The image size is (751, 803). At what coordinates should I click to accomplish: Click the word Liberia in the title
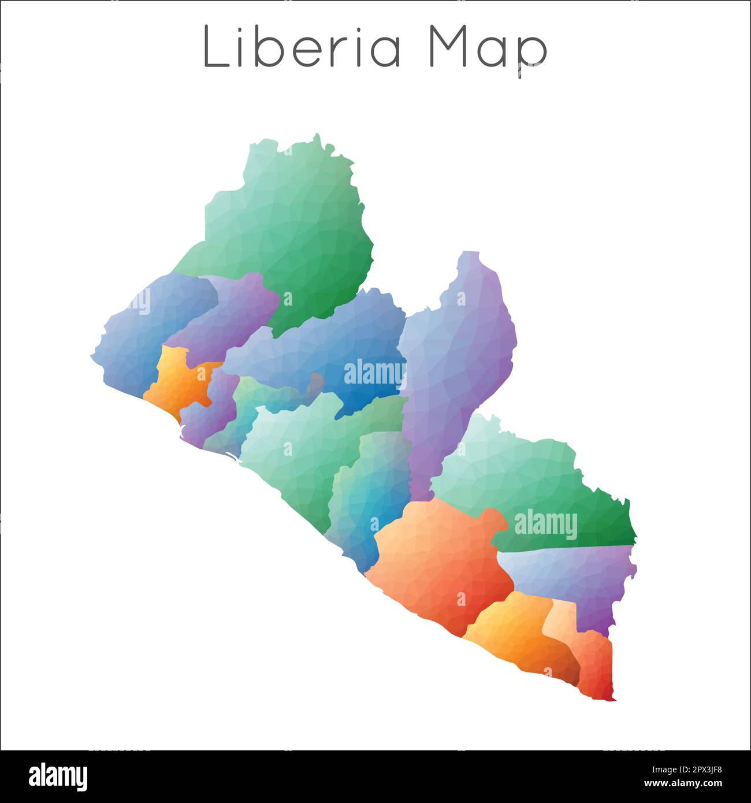tap(302, 47)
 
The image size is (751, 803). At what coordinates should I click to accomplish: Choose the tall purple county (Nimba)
tap(456, 358)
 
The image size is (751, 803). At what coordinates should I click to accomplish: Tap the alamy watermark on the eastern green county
tap(545, 525)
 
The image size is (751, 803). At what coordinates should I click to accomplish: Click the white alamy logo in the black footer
tap(58, 776)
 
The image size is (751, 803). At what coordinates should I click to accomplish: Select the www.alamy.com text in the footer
tap(683, 784)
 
